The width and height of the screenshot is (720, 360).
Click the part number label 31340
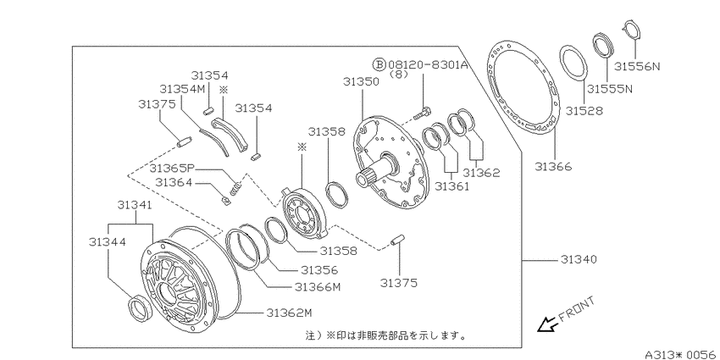click(578, 259)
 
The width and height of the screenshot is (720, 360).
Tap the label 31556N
click(637, 66)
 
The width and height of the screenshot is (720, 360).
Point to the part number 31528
click(584, 111)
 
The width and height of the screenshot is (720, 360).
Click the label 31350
click(361, 81)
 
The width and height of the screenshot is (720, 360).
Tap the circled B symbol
click(379, 64)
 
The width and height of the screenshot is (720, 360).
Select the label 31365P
click(171, 168)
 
